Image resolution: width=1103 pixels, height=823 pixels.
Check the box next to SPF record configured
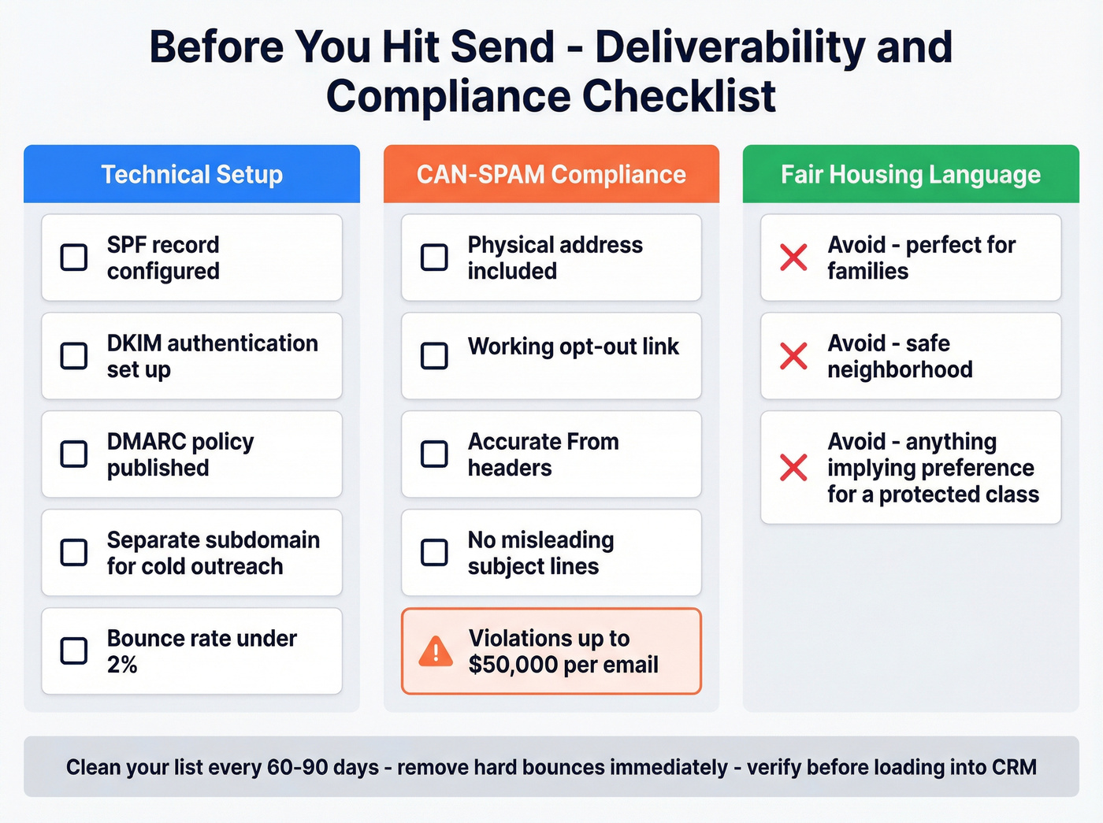[74, 257]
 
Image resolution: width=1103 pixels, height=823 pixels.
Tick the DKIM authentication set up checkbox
[74, 355]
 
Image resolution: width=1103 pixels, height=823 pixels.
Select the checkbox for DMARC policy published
[74, 454]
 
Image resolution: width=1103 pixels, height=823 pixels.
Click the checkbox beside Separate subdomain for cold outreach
[74, 552]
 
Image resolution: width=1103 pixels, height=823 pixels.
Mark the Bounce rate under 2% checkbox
[74, 651]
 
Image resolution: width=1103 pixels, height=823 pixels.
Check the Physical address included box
[434, 257]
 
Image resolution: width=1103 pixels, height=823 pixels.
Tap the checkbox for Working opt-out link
[434, 355]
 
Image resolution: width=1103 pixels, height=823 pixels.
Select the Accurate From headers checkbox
[434, 454]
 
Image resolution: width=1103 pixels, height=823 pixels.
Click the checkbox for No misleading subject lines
[434, 552]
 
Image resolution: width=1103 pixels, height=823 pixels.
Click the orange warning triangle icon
[436, 651]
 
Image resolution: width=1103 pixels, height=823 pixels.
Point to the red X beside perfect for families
[793, 257]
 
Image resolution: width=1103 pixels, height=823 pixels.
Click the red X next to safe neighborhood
[793, 355]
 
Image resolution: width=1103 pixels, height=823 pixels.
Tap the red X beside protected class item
[793, 467]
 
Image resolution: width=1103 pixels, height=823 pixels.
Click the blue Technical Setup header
[191, 174]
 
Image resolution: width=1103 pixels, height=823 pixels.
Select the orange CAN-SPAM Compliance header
[551, 174]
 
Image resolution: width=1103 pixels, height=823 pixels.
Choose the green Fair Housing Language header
[911, 174]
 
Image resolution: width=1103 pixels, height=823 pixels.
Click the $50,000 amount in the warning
[513, 665]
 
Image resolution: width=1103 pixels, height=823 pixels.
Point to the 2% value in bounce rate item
[122, 665]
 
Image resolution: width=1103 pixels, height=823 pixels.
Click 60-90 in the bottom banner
[297, 767]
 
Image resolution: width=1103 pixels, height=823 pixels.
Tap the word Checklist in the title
[679, 96]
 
